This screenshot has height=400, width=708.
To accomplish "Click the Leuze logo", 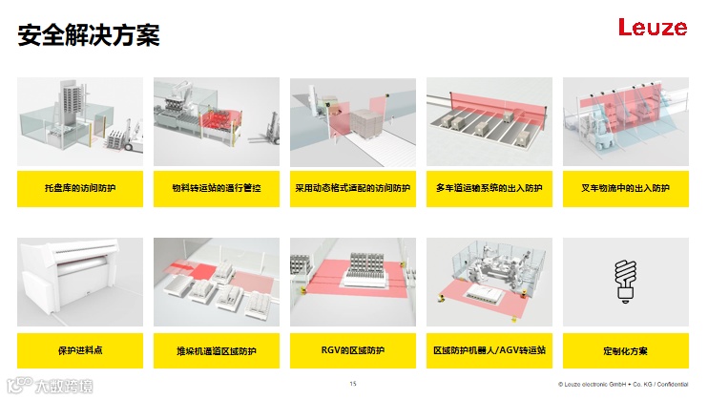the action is (652, 28).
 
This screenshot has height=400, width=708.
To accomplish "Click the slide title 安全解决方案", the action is (89, 36).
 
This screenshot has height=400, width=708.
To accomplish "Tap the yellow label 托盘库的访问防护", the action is (80, 188).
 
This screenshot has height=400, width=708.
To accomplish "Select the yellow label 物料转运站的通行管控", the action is (216, 188).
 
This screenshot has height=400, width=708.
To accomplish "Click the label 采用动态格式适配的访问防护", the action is (352, 188).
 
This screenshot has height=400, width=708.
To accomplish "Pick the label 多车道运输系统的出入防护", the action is (489, 188).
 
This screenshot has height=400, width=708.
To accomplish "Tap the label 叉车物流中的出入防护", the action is (625, 188).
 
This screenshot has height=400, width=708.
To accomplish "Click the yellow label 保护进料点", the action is (80, 350).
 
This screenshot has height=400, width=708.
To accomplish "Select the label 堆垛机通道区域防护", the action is (216, 350).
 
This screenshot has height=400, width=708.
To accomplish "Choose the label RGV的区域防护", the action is (352, 350).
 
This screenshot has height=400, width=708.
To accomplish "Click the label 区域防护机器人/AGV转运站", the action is (489, 350).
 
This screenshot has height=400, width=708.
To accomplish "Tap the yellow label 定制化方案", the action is (625, 350).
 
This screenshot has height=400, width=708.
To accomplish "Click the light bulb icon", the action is (625, 282).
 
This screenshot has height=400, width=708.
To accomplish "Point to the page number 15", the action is (353, 384).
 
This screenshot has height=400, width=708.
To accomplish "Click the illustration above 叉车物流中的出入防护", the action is (625, 123).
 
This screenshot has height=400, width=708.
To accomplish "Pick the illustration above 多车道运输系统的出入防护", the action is (489, 123).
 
